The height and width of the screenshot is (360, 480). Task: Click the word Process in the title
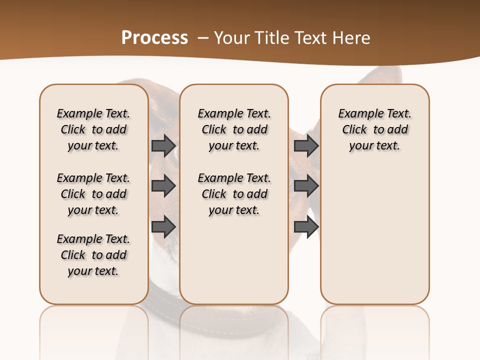click(154, 38)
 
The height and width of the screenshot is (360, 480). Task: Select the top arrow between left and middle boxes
click(163, 145)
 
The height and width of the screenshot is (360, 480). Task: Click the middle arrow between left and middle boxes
click(163, 186)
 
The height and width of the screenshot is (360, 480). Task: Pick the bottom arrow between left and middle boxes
click(163, 226)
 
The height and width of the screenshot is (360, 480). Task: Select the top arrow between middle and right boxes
click(306, 145)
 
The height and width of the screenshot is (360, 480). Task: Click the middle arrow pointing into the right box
click(306, 186)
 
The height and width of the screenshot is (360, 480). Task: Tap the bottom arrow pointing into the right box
click(306, 226)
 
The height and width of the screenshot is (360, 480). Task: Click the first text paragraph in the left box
click(93, 129)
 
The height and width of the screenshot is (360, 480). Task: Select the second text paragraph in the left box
click(93, 194)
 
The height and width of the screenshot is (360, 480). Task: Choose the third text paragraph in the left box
click(93, 255)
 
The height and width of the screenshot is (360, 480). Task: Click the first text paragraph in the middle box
click(234, 129)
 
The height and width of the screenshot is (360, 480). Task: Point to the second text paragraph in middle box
click(234, 194)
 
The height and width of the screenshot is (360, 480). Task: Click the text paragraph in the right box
click(375, 129)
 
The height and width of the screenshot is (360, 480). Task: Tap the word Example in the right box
click(357, 114)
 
